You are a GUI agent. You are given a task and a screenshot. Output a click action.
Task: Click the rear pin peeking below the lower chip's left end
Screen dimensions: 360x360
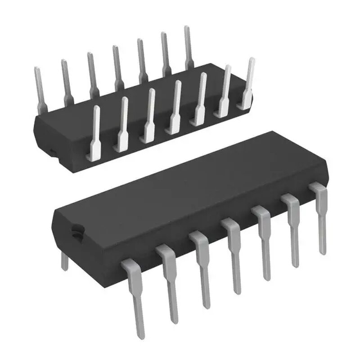coord(65,261)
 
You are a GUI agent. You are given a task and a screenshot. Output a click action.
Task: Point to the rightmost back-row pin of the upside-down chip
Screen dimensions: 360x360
coord(187,45)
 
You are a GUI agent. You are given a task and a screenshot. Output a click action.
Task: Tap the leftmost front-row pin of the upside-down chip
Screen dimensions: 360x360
coord(95,130)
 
